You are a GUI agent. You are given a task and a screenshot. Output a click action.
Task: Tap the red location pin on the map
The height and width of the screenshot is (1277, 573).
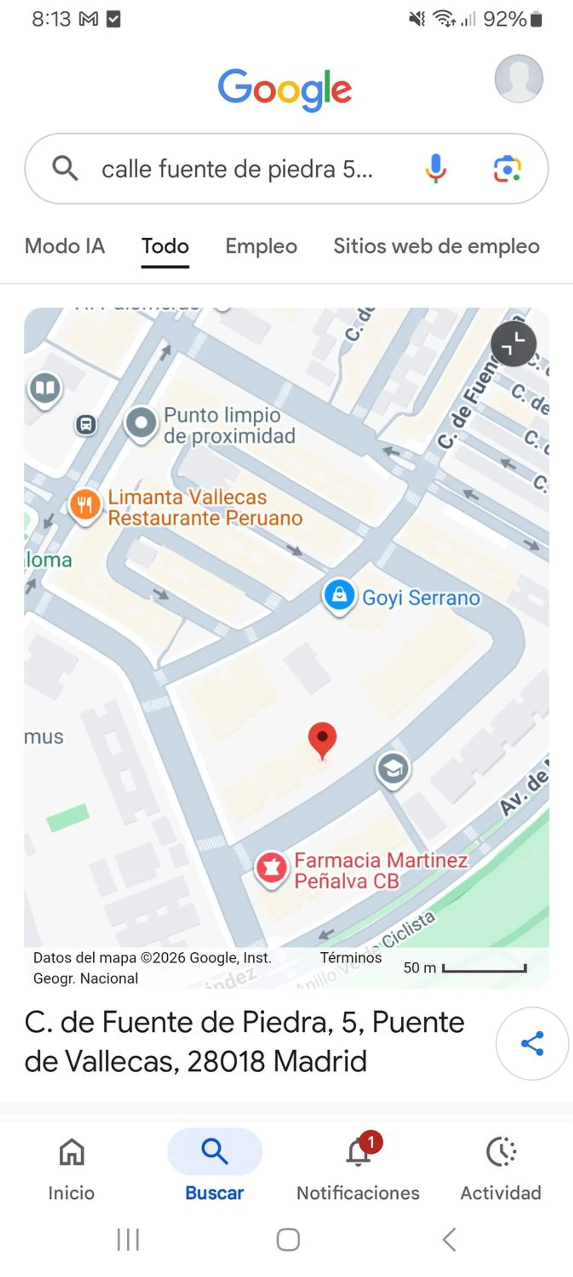pyautogui.click(x=322, y=738)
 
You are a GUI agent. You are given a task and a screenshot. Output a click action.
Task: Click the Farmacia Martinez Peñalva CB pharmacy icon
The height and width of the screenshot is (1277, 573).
pyautogui.click(x=271, y=868)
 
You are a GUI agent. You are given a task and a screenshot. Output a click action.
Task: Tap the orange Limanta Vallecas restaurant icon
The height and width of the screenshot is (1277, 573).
pyautogui.click(x=85, y=505)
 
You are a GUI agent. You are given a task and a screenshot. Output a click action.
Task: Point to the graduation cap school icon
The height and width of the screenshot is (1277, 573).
pyautogui.click(x=393, y=769)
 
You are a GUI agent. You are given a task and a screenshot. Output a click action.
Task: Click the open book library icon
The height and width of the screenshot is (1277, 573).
pyautogui.click(x=45, y=388)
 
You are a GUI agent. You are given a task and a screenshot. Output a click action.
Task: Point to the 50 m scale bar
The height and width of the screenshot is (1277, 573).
pyautogui.click(x=484, y=967)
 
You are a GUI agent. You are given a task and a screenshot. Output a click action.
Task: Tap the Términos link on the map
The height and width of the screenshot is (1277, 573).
pyautogui.click(x=350, y=957)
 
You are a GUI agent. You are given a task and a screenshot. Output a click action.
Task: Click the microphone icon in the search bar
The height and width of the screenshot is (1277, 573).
pyautogui.click(x=436, y=168)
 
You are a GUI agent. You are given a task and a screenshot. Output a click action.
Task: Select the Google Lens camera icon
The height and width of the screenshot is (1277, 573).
pyautogui.click(x=507, y=168)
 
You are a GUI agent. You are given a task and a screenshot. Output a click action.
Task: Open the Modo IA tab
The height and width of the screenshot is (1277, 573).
pyautogui.click(x=65, y=246)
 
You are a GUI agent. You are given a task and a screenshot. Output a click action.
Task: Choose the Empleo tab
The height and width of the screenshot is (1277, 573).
pyautogui.click(x=261, y=246)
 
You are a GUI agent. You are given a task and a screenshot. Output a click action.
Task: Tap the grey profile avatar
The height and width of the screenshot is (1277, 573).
pyautogui.click(x=518, y=78)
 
